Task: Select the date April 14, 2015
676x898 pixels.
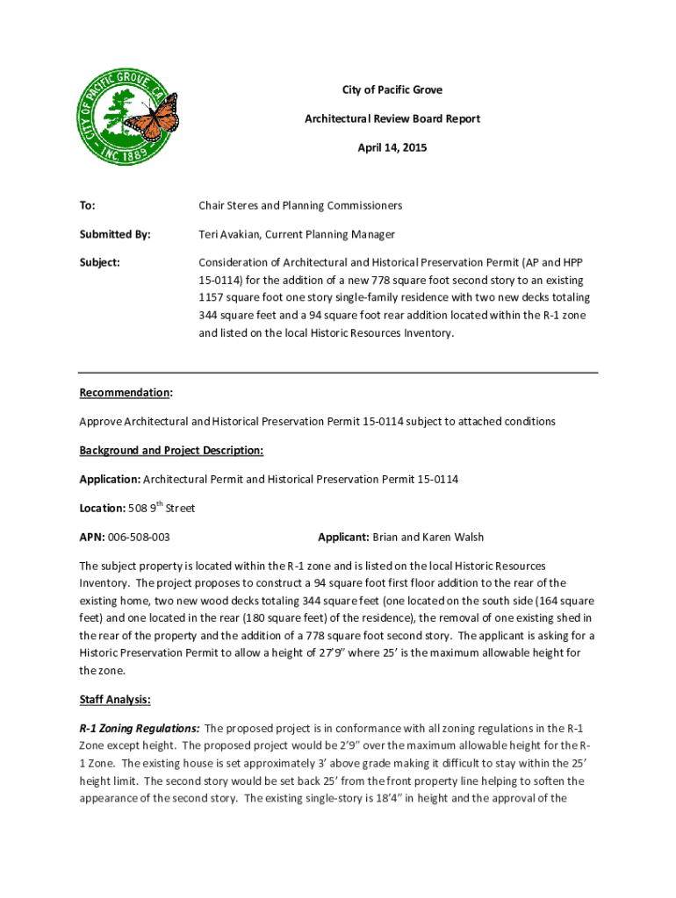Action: point(392,148)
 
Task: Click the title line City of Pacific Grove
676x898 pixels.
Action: point(392,90)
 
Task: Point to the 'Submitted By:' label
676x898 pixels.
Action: point(114,234)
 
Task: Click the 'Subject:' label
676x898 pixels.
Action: point(99,262)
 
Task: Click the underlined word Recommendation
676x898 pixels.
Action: point(125,392)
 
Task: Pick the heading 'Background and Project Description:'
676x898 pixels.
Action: point(171,450)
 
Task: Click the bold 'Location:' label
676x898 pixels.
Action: point(102,509)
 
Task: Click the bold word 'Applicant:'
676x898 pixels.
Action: point(343,537)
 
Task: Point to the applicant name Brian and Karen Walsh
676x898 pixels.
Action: point(428,537)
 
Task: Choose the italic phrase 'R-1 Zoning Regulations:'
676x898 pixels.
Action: point(139,728)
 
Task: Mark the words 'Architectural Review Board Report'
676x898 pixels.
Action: point(392,119)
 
